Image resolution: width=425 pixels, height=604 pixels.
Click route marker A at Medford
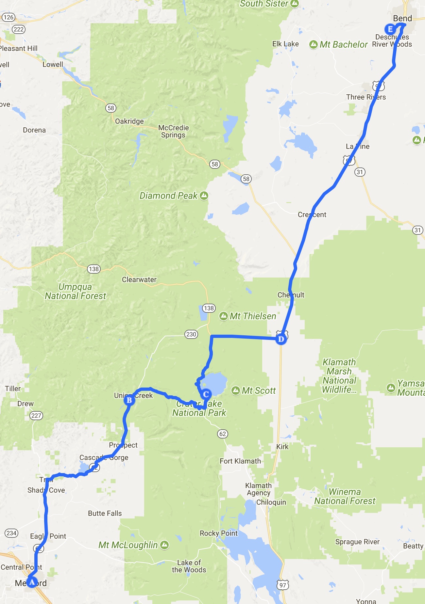[x=32, y=582]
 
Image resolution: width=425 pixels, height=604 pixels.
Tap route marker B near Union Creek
[x=129, y=400]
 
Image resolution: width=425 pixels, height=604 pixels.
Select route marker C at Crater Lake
[x=206, y=394]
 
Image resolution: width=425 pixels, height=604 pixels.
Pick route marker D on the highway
[x=281, y=339]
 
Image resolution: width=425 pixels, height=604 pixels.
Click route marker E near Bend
[x=390, y=29]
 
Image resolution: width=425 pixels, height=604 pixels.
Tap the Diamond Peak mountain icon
[x=204, y=196]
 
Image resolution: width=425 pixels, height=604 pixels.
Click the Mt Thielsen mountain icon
[x=224, y=316]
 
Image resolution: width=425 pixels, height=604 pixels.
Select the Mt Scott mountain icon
[x=236, y=390]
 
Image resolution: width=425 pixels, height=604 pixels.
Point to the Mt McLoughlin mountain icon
[x=164, y=545]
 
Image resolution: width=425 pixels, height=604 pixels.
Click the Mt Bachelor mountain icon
[x=313, y=44]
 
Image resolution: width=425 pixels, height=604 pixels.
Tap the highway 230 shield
[x=191, y=334]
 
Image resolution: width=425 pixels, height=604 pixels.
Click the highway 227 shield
[x=36, y=416]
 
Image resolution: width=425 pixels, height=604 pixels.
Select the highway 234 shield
[x=11, y=533]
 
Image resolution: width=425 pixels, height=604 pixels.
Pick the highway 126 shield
[x=9, y=17]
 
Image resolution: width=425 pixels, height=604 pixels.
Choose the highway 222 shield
[x=19, y=29]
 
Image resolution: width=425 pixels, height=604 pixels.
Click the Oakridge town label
[x=129, y=121]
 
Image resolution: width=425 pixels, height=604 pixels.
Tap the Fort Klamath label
[x=240, y=461]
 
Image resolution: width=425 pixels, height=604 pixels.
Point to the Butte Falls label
[x=105, y=513]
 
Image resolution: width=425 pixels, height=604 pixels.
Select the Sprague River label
[x=357, y=542]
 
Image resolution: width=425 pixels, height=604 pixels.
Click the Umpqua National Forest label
[x=76, y=291]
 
